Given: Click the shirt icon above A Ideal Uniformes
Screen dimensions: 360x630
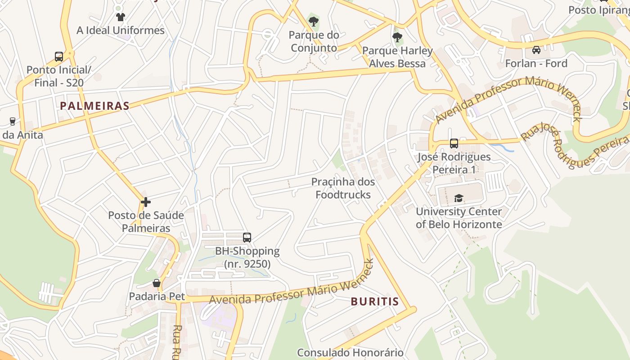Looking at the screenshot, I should (120, 17).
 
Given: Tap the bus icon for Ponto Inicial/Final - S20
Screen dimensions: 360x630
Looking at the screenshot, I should (59, 56).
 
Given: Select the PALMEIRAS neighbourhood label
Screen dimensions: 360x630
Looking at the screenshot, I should (94, 106).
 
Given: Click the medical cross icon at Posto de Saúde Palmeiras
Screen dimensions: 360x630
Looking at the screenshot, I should (145, 202).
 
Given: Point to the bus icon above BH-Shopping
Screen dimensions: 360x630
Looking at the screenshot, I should (247, 237).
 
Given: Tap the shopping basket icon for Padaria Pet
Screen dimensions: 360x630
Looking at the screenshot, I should (157, 283).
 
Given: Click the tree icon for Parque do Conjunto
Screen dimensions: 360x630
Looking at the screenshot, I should (314, 21).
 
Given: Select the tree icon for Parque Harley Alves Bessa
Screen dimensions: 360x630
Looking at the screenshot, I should (397, 37).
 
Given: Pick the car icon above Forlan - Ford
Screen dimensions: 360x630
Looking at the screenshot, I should (536, 49).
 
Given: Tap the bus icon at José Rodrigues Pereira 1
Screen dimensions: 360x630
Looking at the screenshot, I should (454, 144).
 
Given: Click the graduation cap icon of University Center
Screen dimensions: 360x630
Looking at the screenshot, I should (459, 198).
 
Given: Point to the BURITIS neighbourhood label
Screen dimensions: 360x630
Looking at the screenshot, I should (375, 301).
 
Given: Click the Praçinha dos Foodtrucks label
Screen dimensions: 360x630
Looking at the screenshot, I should (343, 188).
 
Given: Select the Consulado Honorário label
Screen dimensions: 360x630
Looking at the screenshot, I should (350, 352).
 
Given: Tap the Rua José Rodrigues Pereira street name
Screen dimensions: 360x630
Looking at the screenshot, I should (574, 144).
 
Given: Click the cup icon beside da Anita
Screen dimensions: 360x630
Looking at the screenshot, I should (12, 121).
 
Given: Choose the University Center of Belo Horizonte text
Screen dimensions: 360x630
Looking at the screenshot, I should (459, 218).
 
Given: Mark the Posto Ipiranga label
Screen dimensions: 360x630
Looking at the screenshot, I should (598, 10).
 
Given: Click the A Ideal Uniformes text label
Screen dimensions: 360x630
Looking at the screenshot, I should (121, 31).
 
